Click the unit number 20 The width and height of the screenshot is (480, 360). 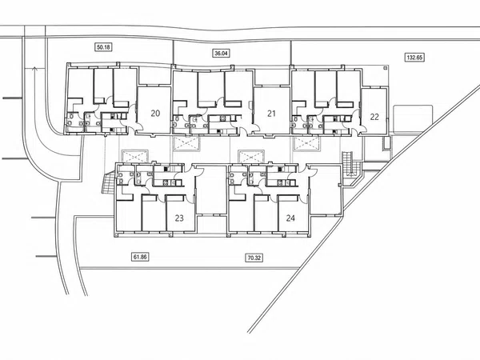click(x=155, y=114)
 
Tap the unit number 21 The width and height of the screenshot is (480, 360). click(x=271, y=114)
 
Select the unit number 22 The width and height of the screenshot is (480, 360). click(x=374, y=117)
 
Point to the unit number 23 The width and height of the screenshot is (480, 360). click(x=179, y=218)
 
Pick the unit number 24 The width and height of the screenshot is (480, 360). click(x=290, y=218)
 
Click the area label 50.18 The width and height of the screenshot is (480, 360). click(x=104, y=47)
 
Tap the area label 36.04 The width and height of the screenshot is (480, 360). click(x=221, y=54)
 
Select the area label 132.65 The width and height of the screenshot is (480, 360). click(x=414, y=58)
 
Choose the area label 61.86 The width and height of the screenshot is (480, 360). click(x=140, y=257)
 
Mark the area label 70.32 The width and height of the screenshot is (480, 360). click(x=254, y=258)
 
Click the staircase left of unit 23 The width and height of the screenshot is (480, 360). click(x=108, y=183)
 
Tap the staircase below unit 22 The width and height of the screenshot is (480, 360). click(x=348, y=164)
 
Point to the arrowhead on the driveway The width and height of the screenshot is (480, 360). click(x=35, y=69)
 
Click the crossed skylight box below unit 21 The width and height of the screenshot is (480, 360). click(x=186, y=144)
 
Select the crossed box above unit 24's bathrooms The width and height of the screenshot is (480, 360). click(x=251, y=157)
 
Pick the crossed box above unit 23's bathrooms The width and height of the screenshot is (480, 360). click(x=135, y=157)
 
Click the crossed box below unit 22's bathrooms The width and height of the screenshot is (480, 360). click(x=307, y=144)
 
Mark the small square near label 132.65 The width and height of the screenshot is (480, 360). click(x=386, y=67)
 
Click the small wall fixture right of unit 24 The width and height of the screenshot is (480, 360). click(x=339, y=185)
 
